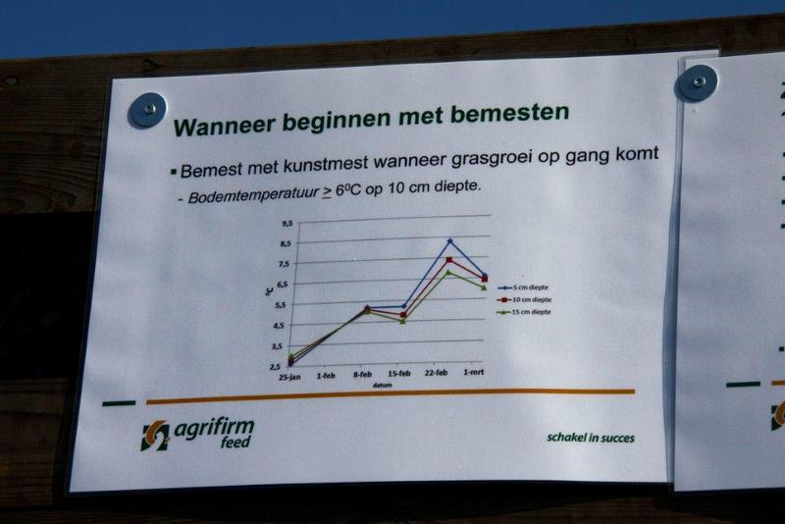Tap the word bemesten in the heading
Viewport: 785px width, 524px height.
click(x=509, y=113)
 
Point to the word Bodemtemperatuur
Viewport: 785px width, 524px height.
click(x=253, y=193)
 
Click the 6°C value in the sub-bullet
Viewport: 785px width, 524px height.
click(x=348, y=190)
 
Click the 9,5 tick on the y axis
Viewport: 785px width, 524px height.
click(x=287, y=224)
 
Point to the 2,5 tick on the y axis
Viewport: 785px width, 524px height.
click(x=276, y=367)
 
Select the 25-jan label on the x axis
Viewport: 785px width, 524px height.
click(x=289, y=377)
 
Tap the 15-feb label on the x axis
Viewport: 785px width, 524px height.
click(x=399, y=373)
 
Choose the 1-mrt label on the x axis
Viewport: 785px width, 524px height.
click(x=474, y=372)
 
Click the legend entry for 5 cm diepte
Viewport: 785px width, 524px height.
click(x=523, y=288)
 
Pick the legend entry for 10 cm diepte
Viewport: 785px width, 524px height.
click(x=524, y=300)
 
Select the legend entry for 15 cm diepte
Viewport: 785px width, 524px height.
click(x=524, y=312)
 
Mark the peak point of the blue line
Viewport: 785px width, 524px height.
click(x=450, y=241)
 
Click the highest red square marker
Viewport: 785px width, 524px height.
click(x=449, y=260)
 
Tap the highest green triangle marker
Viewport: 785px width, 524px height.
click(x=448, y=272)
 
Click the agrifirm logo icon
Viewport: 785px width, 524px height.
click(x=155, y=436)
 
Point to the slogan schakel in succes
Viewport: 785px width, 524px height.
click(x=591, y=438)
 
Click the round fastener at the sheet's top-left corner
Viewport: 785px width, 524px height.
click(x=147, y=110)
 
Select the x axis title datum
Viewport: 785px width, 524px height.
click(x=382, y=385)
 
